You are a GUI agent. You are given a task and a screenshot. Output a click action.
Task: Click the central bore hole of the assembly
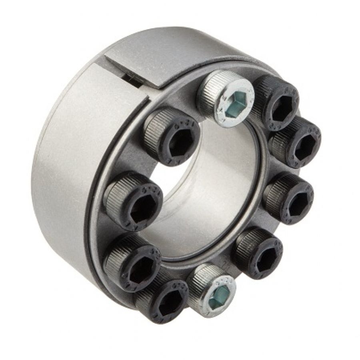[x=208, y=192]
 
